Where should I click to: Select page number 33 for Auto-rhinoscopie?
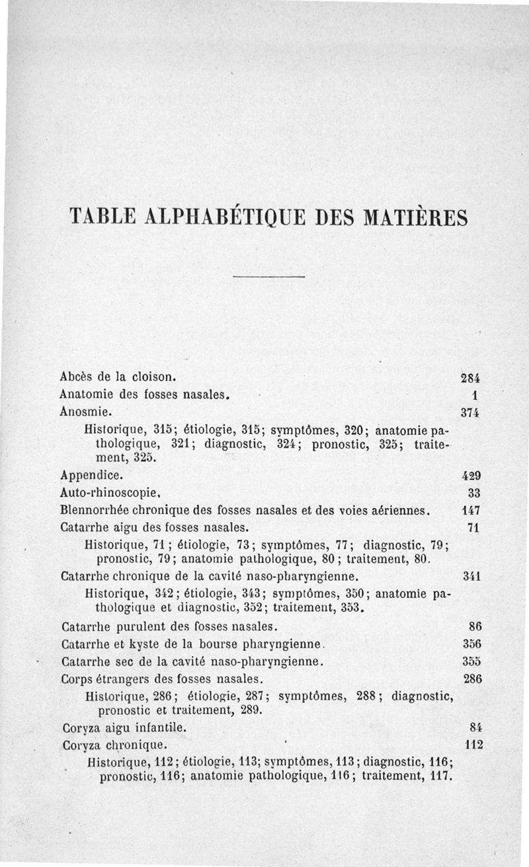click(x=473, y=493)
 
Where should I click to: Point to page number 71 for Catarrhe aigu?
click(x=473, y=527)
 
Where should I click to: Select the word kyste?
click(x=136, y=644)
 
